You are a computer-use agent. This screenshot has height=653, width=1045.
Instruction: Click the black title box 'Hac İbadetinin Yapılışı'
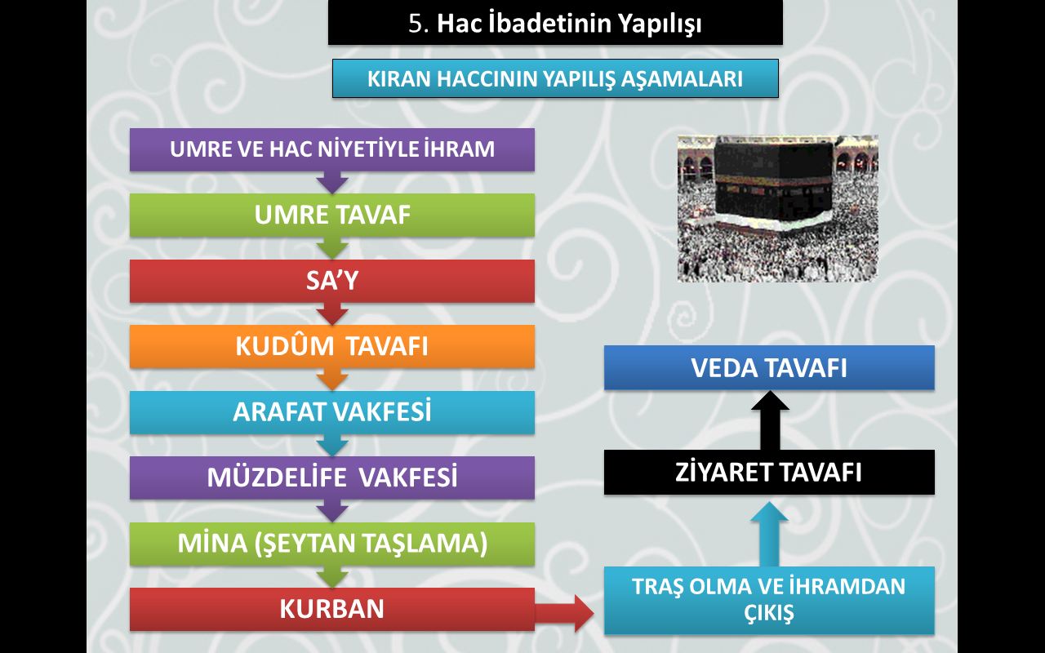tap(555, 22)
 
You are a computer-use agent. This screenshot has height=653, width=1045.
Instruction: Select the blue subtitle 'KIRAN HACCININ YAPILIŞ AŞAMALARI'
tap(555, 78)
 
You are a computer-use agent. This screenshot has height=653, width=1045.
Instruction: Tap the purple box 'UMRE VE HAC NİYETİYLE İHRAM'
tap(332, 149)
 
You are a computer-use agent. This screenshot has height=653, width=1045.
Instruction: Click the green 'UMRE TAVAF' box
tap(332, 215)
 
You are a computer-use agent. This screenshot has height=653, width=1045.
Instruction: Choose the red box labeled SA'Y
tap(332, 281)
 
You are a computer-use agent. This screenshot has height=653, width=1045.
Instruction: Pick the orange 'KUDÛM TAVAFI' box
tap(332, 347)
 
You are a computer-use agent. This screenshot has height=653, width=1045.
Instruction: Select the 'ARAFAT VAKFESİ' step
tap(332, 412)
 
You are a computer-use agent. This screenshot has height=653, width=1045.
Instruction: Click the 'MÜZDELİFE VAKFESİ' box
tap(332, 478)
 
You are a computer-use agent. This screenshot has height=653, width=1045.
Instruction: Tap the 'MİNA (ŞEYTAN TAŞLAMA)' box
tap(332, 544)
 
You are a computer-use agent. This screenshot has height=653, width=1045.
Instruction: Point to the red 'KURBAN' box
tap(332, 609)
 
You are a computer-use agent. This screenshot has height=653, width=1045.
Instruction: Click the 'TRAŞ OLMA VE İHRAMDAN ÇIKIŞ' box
tap(769, 600)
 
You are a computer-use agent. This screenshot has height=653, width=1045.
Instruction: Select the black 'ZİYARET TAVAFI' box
tap(769, 472)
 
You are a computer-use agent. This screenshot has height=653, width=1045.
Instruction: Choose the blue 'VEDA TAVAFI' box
tap(769, 367)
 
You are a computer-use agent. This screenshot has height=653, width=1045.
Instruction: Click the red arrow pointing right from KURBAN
tap(564, 613)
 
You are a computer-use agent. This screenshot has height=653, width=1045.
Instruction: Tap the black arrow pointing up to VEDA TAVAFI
tap(770, 420)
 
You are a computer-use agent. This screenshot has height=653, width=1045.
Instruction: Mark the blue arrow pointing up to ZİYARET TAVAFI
tap(769, 535)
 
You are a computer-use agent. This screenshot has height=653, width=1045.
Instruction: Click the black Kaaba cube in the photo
tap(773, 182)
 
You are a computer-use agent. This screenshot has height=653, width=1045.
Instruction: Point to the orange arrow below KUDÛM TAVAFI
tap(332, 380)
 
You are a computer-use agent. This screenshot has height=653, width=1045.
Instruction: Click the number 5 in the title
tap(416, 24)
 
